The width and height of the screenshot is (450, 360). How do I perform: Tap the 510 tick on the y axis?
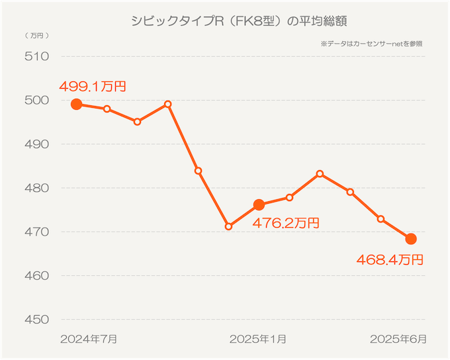pos(38,56)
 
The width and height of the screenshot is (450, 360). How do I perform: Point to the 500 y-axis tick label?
pos(38,100)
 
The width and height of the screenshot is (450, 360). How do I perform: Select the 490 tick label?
pos(38,144)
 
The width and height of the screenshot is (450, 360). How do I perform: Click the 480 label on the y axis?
pos(38,188)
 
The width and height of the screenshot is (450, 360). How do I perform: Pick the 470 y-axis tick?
pos(38,232)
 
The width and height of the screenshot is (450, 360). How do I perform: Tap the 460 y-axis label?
pos(38,275)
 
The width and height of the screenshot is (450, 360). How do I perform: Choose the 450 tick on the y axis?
pos(38,320)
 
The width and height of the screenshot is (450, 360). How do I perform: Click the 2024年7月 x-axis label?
pos(89,339)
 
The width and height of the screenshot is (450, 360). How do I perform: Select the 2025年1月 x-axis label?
pos(258,339)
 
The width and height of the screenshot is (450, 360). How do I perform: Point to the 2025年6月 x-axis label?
pos(398,339)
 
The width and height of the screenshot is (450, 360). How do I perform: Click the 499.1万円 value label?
pos(93,86)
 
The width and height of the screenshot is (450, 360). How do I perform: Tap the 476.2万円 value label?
pos(286,224)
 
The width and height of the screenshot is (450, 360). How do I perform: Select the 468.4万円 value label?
pos(389,259)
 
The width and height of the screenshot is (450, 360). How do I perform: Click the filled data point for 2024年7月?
pos(76,104)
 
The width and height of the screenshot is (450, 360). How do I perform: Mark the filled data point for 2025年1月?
pos(259,204)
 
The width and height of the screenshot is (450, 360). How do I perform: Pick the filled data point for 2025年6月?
pos(411,239)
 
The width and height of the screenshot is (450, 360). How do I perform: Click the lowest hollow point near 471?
pos(228,226)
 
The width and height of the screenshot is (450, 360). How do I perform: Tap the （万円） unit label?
pos(36,34)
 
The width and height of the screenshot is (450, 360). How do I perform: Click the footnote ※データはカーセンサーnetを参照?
pos(372,44)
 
